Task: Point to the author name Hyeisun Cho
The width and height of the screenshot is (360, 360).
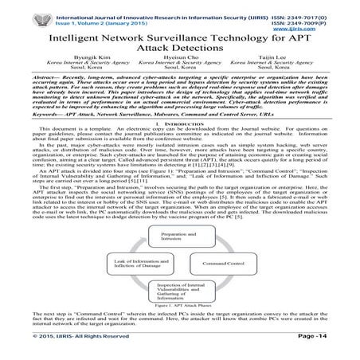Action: click(x=180, y=58)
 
